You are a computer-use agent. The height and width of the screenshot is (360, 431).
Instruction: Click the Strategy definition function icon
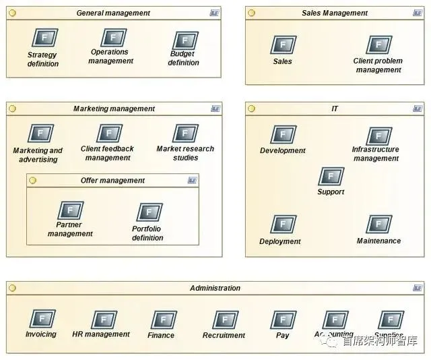[44, 38]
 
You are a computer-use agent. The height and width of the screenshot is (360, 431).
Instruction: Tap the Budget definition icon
[185, 40]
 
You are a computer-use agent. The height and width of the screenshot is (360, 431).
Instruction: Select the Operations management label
[110, 56]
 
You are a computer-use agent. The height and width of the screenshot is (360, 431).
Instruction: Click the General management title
[113, 13]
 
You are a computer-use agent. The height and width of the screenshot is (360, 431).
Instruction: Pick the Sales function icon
[283, 44]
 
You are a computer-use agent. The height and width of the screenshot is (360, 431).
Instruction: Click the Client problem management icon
[378, 44]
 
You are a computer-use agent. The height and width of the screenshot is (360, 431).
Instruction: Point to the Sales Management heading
[335, 13]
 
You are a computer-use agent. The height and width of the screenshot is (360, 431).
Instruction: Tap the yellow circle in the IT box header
[251, 109]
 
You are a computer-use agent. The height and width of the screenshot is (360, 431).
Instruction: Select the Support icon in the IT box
[331, 177]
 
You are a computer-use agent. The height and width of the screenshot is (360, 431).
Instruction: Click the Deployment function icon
[283, 224]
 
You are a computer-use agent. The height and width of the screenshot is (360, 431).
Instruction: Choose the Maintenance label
[378, 241]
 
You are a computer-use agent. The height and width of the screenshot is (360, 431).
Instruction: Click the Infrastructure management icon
[378, 136]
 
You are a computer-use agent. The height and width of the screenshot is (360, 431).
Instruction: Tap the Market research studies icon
[185, 133]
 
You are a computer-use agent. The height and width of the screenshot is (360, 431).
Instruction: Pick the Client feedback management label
[108, 153]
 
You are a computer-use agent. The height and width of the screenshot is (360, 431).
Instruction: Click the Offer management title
[112, 181]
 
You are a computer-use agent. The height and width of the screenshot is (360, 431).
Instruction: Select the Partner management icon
[70, 210]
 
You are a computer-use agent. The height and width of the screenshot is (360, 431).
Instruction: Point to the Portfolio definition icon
[149, 212]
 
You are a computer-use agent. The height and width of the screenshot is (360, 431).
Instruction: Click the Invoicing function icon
[42, 319]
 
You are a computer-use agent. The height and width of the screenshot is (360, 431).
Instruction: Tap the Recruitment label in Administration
[225, 335]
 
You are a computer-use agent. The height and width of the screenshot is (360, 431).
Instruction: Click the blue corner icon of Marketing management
[215, 109]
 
